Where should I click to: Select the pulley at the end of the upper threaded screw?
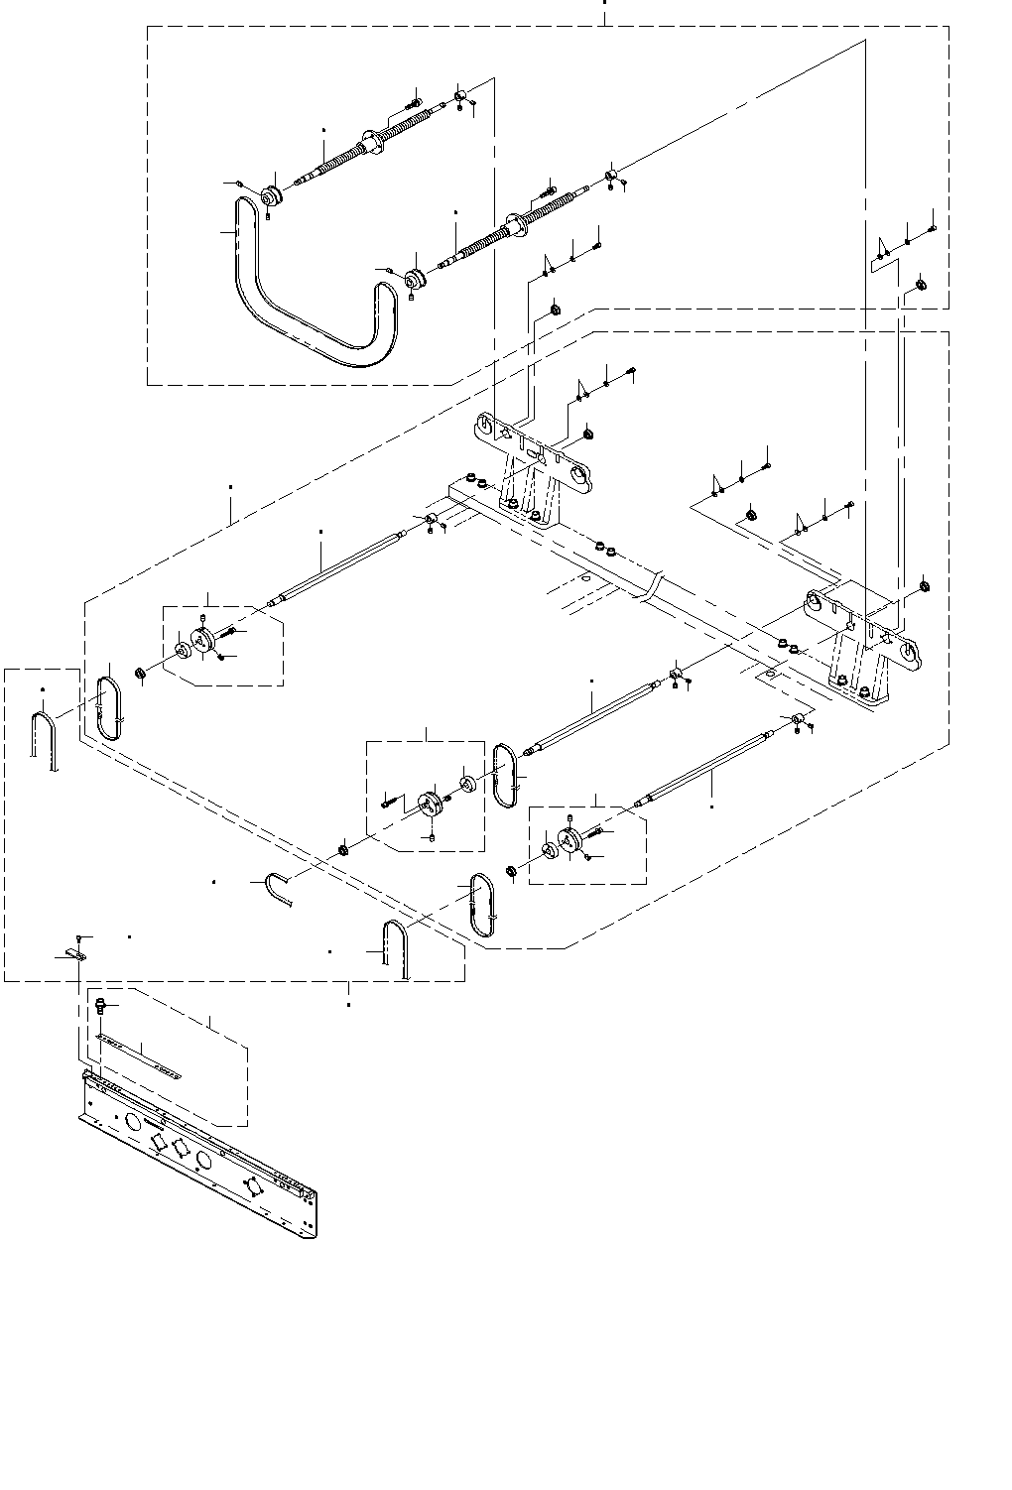(x=269, y=195)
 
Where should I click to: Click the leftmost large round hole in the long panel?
(x=131, y=1121)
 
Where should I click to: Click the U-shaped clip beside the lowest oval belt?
(x=395, y=947)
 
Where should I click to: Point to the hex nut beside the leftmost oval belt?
(x=141, y=676)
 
